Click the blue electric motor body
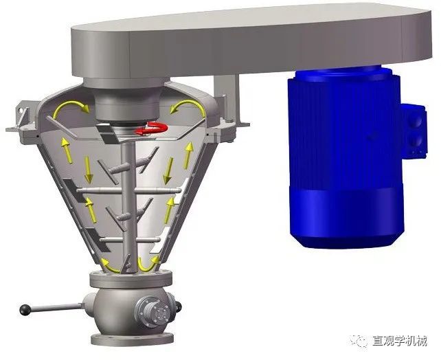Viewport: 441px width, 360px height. [x=346, y=157]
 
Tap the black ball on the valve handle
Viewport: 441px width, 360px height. [x=25, y=310]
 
